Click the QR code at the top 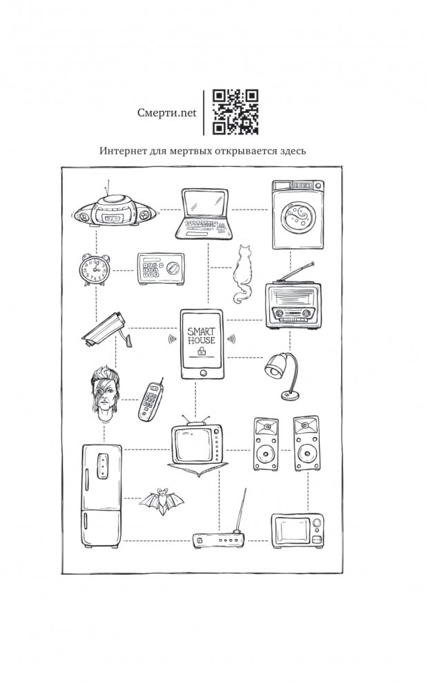click(x=235, y=112)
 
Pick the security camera click(x=104, y=329)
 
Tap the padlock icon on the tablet click(x=202, y=353)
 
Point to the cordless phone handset click(x=149, y=401)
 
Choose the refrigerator click(x=101, y=496)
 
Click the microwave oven click(x=297, y=530)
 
